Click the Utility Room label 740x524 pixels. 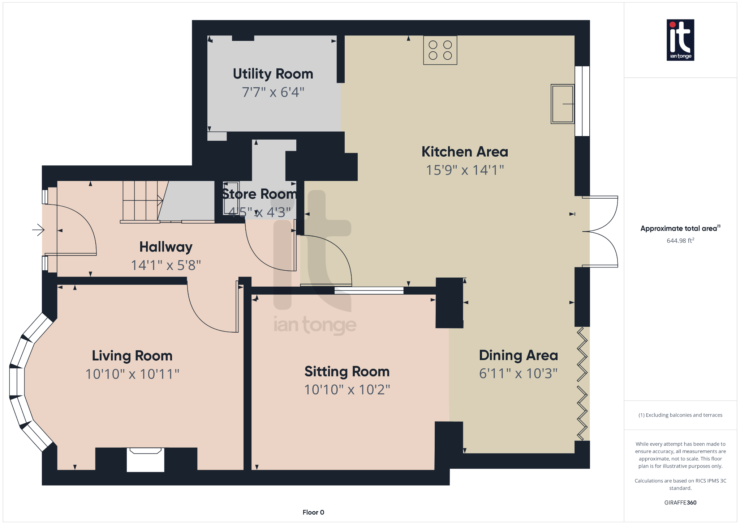click(x=273, y=74)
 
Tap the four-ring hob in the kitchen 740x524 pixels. click(x=440, y=50)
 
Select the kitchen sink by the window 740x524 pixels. click(x=562, y=104)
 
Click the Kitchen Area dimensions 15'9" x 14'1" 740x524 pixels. click(x=465, y=170)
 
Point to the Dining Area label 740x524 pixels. click(x=518, y=355)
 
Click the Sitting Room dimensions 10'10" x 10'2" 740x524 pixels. click(x=347, y=390)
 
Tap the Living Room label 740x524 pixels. click(x=132, y=356)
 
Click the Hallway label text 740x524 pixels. click(x=166, y=247)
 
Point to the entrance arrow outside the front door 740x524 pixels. click(x=38, y=230)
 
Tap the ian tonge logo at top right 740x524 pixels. click(x=680, y=40)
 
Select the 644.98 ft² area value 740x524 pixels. click(x=680, y=241)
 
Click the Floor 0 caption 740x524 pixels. click(x=313, y=512)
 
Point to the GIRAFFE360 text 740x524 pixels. click(x=680, y=502)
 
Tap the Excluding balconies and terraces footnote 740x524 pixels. click(x=680, y=415)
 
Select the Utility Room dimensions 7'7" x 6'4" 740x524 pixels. click(x=273, y=92)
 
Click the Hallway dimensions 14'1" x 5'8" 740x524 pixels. click(x=166, y=265)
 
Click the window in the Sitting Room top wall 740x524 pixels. click(x=369, y=290)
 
